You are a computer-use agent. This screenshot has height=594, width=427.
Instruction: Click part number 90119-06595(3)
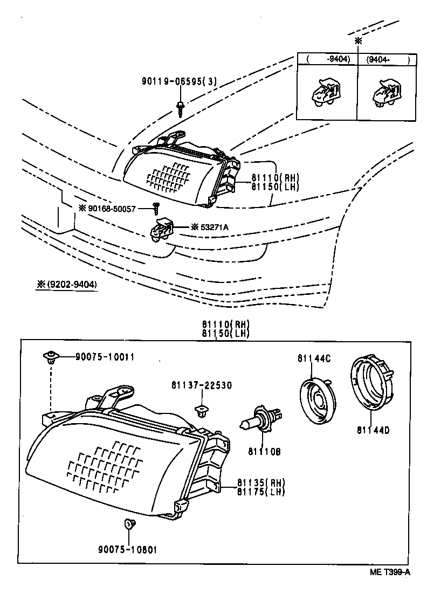(179, 81)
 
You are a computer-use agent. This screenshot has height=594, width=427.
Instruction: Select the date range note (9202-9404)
(67, 284)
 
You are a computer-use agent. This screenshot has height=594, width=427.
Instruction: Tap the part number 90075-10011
(105, 357)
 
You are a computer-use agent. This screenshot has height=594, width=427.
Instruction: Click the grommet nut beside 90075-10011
(50, 357)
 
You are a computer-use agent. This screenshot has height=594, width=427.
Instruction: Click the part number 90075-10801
(128, 550)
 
